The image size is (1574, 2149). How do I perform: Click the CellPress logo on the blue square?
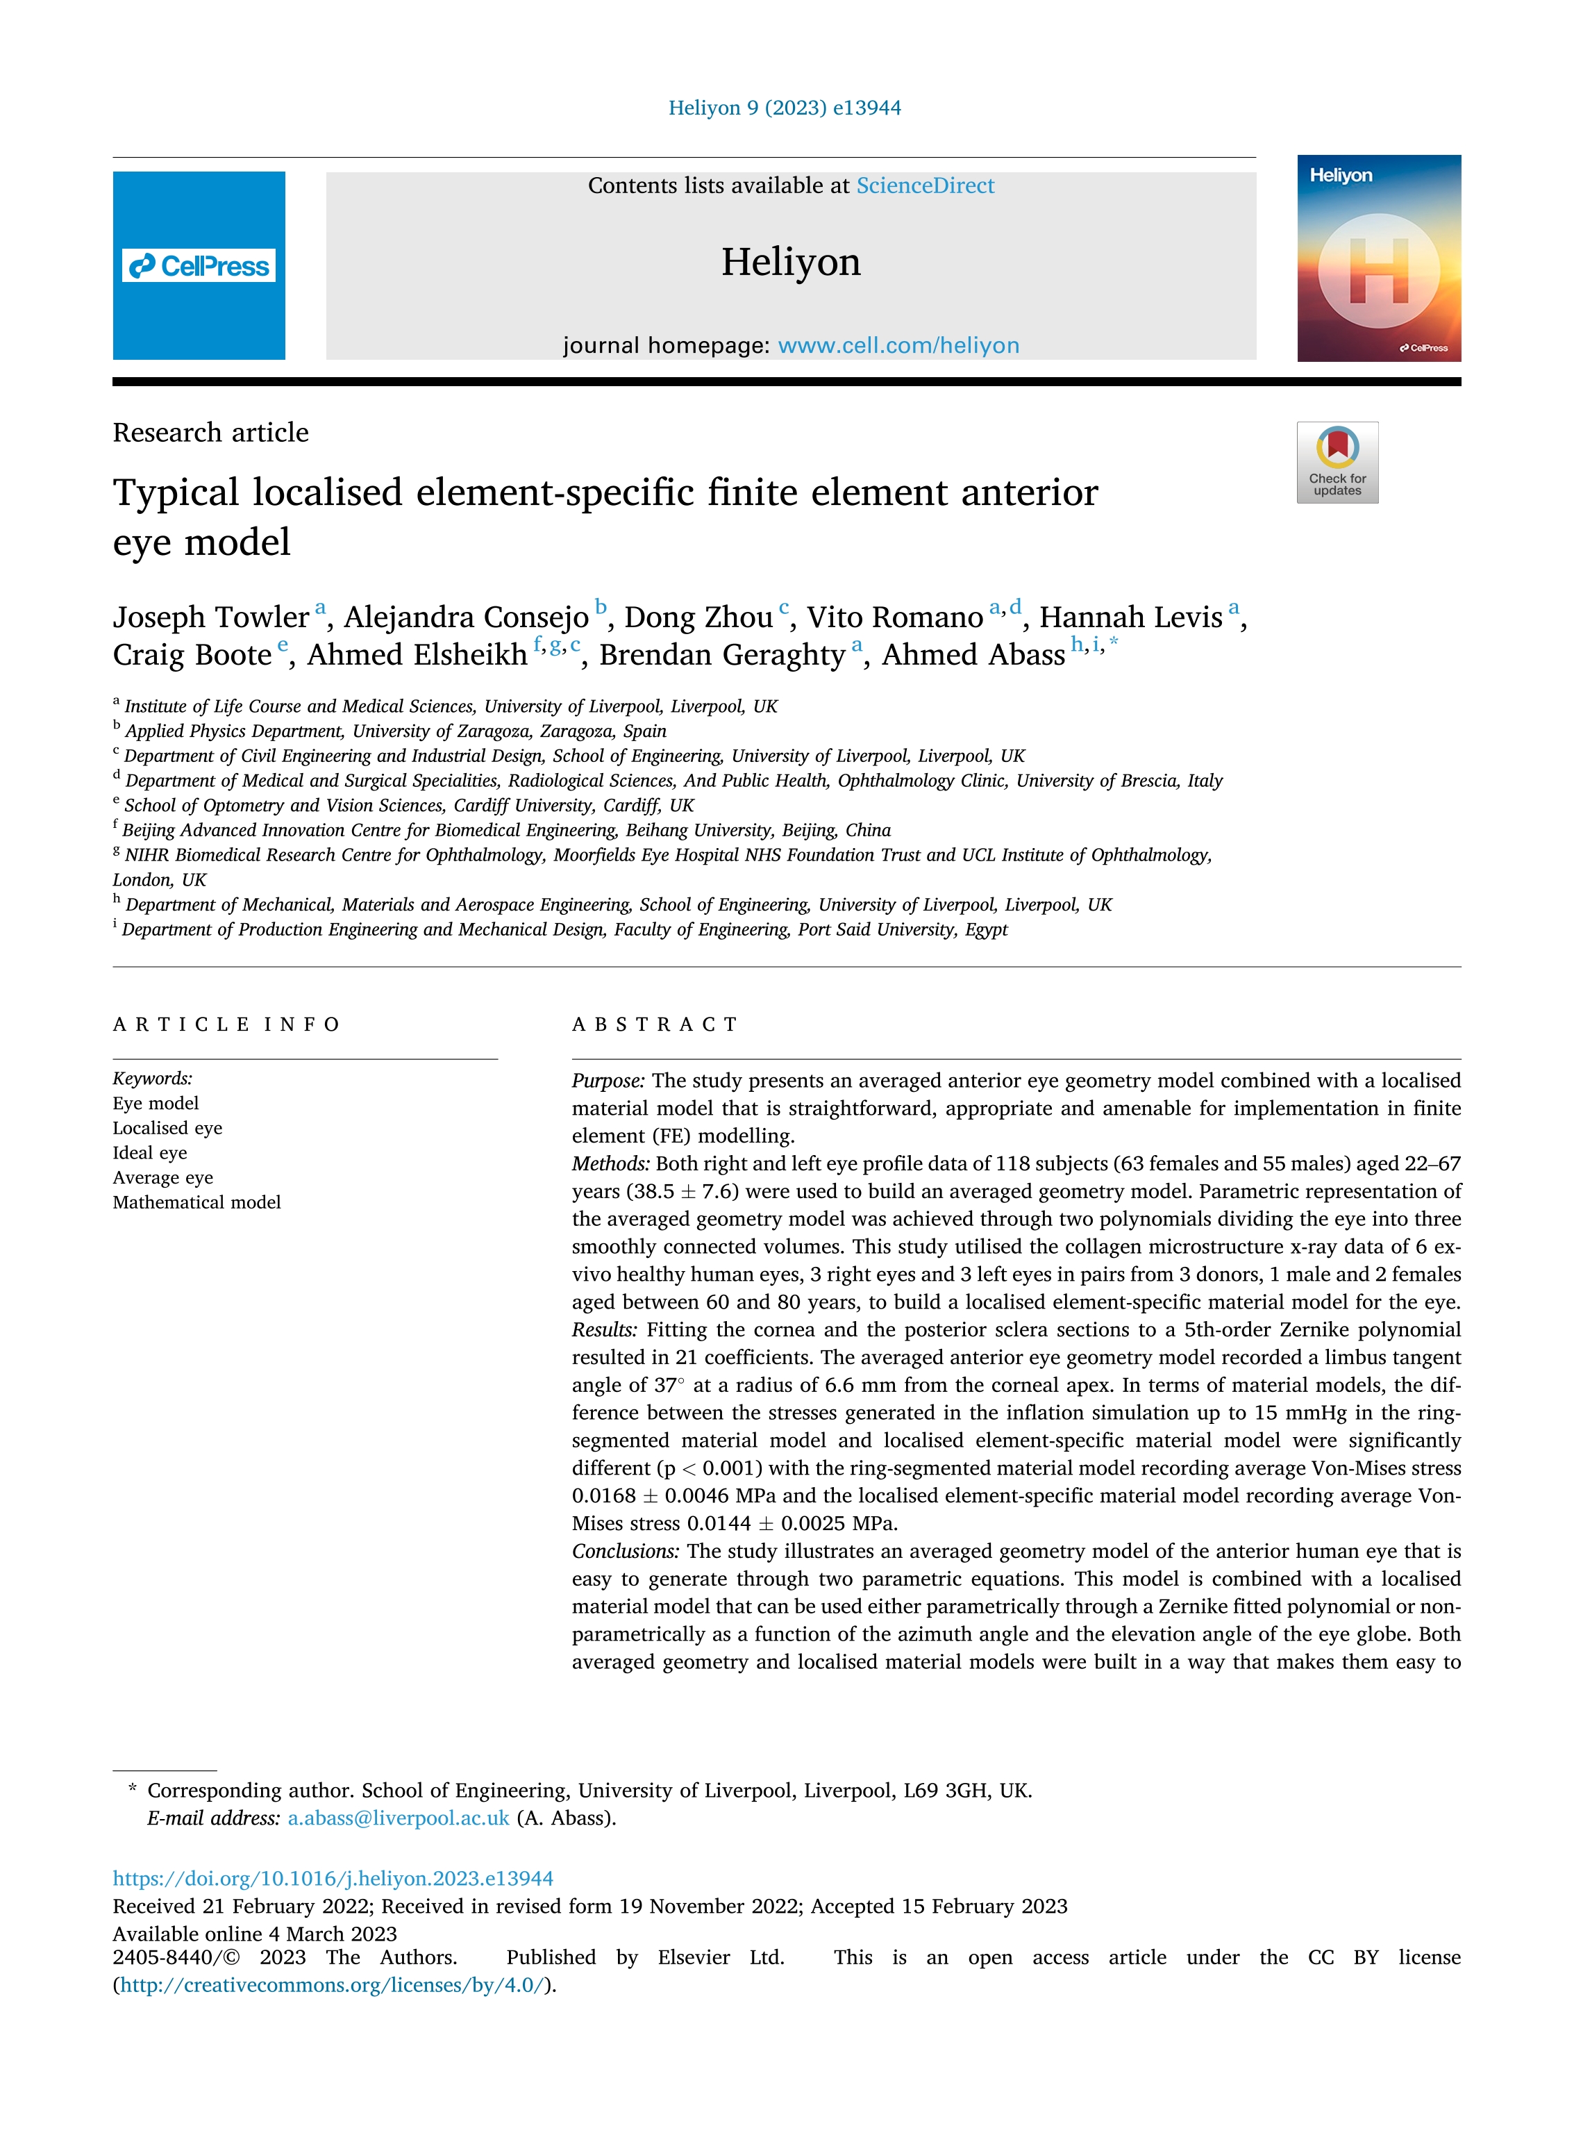point(199,266)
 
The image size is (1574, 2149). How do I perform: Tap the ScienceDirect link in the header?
point(924,186)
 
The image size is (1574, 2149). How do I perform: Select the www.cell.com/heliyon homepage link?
point(898,345)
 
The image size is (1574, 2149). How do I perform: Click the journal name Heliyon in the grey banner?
point(790,262)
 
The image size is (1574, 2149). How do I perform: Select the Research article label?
point(210,433)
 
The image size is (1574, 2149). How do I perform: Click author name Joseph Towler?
point(210,617)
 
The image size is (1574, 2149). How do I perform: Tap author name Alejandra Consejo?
point(466,617)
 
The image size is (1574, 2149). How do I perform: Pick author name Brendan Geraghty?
point(721,656)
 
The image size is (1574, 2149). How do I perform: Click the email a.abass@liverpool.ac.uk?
point(399,1818)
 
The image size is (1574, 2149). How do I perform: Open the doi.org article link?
point(333,1877)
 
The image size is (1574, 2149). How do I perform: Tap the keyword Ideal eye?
point(149,1152)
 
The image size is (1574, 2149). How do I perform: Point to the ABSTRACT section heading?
point(655,1024)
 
